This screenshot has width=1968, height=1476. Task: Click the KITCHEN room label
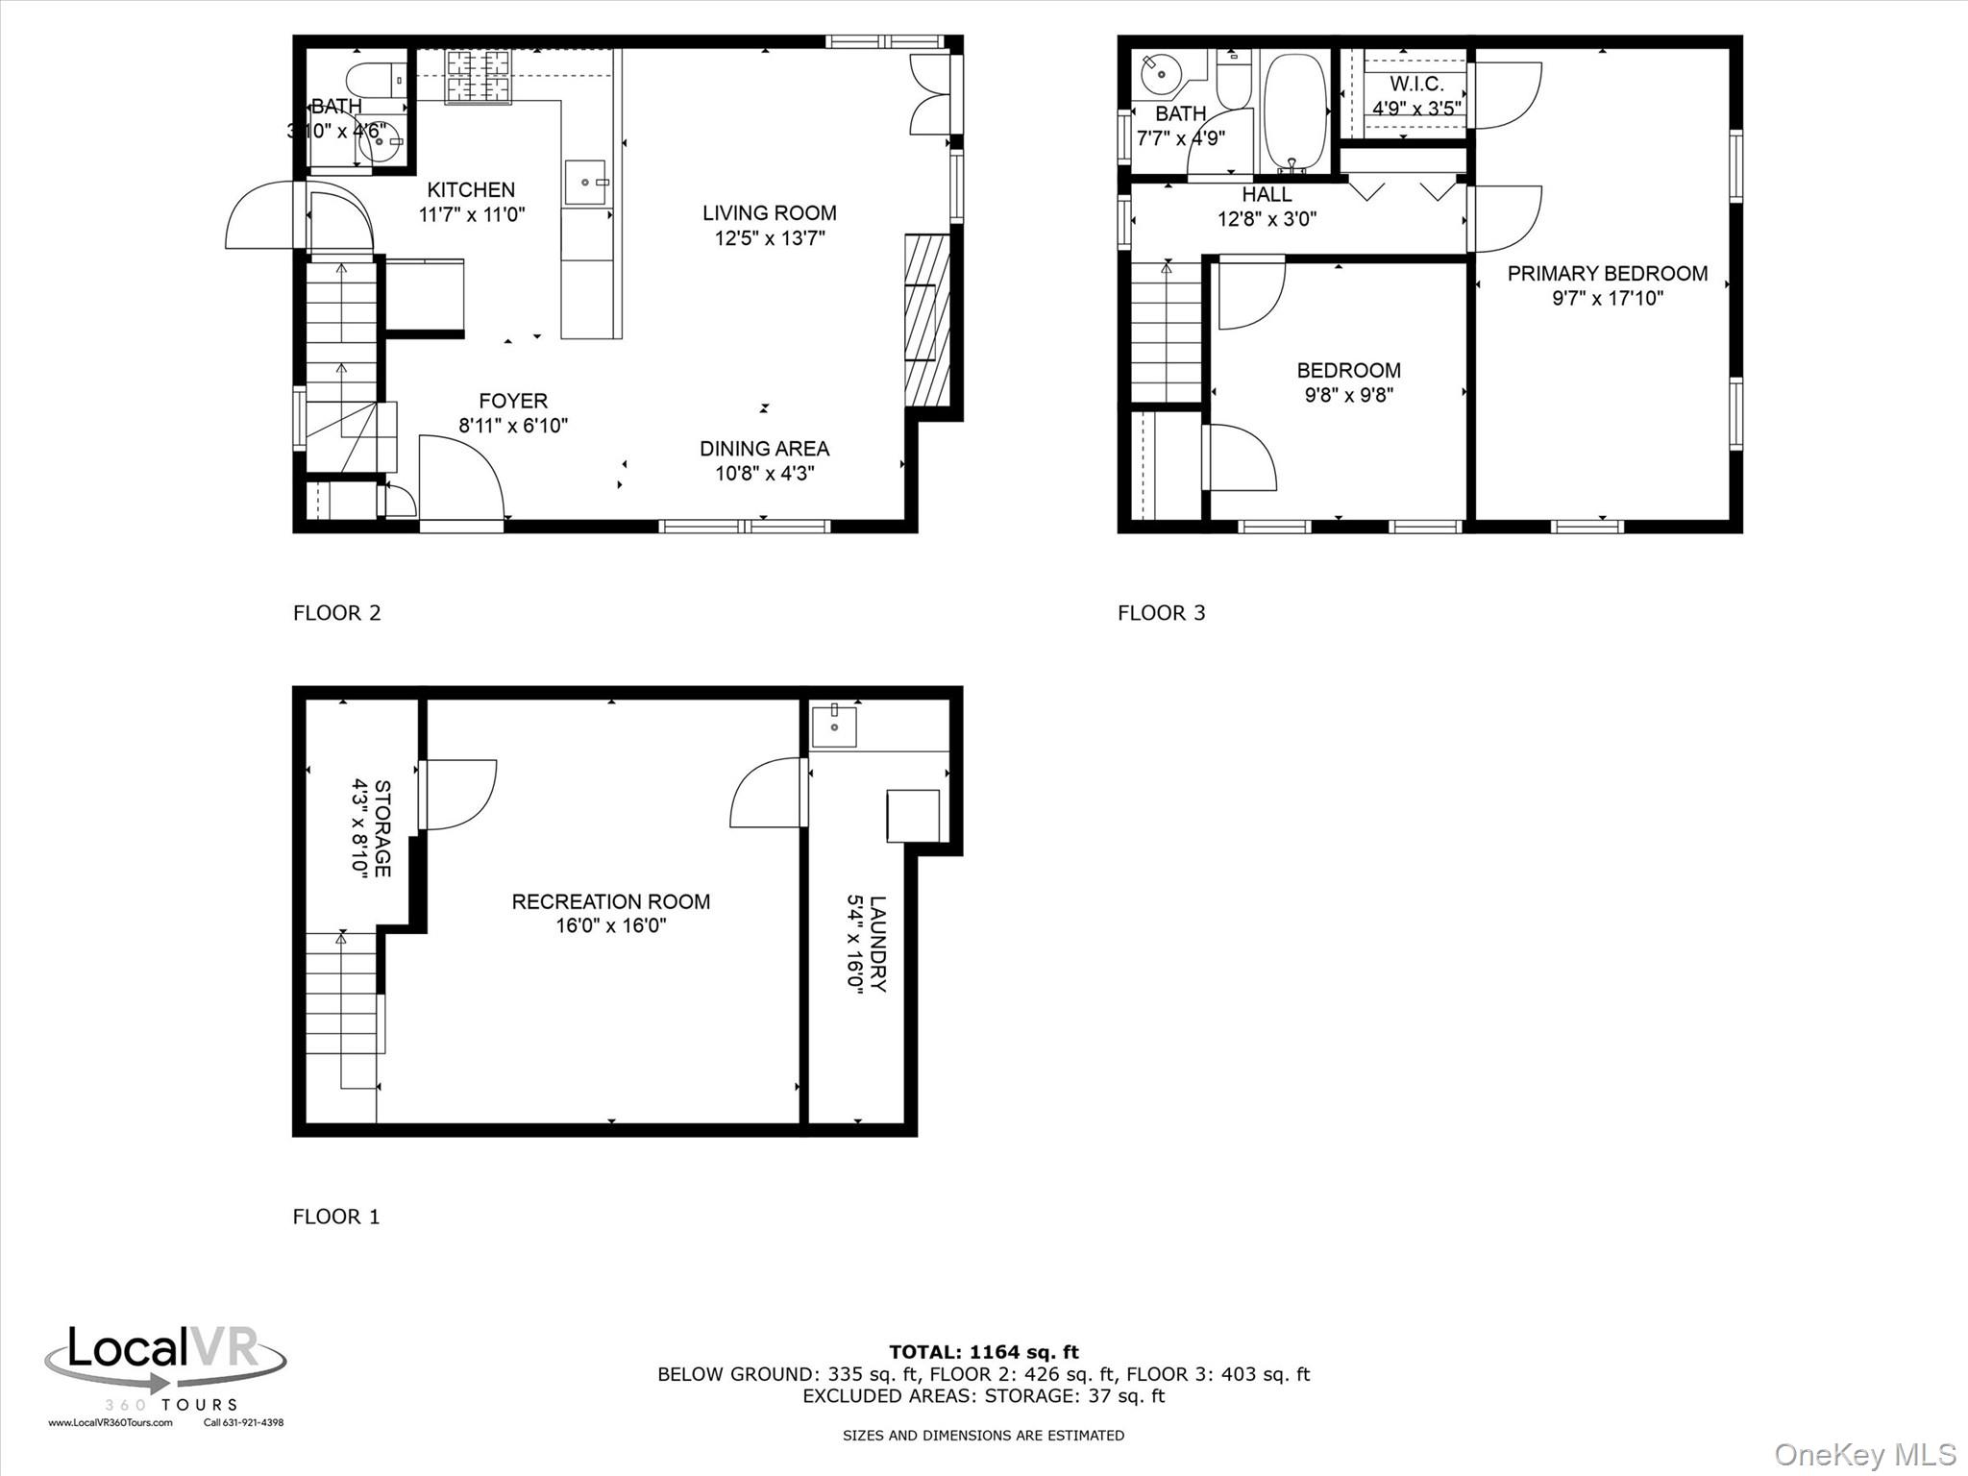tap(471, 189)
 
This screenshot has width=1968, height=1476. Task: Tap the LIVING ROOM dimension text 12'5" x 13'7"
tap(769, 238)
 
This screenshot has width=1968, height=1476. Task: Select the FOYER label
tap(513, 401)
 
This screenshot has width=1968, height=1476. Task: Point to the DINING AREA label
tap(764, 449)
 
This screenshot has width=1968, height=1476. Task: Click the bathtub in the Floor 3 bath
tap(1294, 111)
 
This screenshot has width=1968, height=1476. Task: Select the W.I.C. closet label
tap(1416, 85)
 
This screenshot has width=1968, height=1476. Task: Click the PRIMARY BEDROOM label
tap(1607, 274)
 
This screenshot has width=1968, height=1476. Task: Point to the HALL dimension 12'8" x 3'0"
tap(1267, 219)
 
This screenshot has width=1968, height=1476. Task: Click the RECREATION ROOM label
tap(610, 901)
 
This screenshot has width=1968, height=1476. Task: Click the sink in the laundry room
tap(834, 726)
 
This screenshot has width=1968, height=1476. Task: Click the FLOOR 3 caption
tap(1161, 613)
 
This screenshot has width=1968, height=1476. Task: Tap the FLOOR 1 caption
tap(336, 1217)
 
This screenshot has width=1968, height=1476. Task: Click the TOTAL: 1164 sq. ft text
tap(983, 1352)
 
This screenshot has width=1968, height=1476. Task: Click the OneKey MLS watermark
tap(1864, 1454)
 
